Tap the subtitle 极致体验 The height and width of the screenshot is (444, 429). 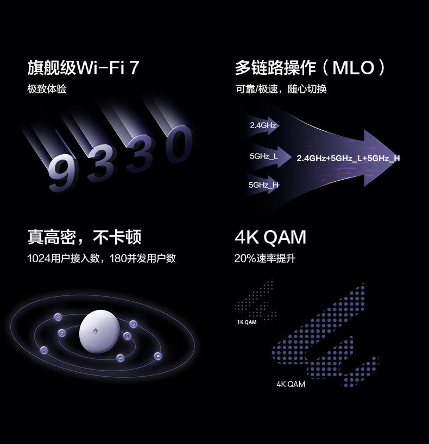click(x=47, y=89)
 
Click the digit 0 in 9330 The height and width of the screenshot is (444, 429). click(x=178, y=145)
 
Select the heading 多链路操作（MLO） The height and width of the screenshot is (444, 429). click(x=311, y=68)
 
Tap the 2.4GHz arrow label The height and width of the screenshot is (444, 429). click(x=263, y=125)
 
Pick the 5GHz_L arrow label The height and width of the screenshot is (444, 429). click(x=263, y=156)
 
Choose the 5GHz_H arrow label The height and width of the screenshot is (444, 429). click(x=263, y=185)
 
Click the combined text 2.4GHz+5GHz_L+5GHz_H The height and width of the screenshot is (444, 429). click(x=348, y=158)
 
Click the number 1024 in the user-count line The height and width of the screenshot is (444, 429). click(x=37, y=258)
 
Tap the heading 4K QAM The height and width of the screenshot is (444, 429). click(x=270, y=237)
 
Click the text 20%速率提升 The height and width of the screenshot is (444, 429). click(x=264, y=258)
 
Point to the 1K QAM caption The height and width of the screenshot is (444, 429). click(x=247, y=322)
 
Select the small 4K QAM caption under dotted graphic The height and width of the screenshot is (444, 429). click(x=291, y=384)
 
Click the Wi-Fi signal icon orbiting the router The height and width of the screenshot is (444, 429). click(x=62, y=333)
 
